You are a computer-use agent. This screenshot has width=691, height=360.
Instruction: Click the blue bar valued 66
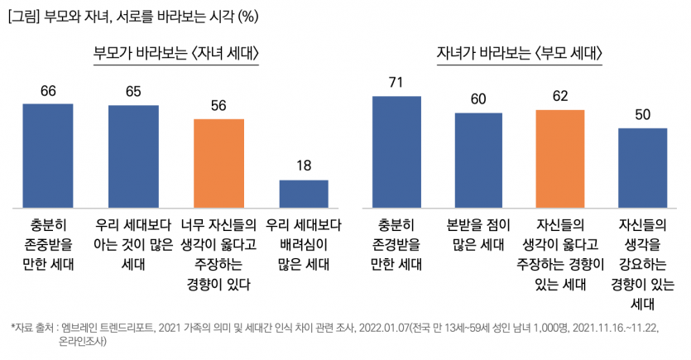point(48,155)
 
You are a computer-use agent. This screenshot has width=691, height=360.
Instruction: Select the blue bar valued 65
point(133,156)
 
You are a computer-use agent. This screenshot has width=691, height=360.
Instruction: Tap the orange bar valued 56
point(218,162)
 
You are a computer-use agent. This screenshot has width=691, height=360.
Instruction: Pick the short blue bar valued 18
point(304,193)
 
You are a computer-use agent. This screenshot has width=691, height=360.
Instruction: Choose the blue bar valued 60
point(478,159)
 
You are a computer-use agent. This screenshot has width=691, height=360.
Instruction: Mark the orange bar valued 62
point(560,157)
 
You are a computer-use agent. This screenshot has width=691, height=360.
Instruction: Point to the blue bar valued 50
point(643,167)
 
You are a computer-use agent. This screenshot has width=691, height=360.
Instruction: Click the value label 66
point(48,91)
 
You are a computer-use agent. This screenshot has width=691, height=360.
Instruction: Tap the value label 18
point(304,166)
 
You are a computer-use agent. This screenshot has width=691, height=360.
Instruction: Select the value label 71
point(396,83)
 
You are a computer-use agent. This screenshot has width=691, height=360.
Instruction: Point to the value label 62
point(560,96)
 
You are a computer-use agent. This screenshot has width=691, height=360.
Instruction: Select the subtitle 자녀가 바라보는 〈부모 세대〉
point(519,55)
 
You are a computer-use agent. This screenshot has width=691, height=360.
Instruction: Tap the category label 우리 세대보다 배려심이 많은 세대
point(304,244)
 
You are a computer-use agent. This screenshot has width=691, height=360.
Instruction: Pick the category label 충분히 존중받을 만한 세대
point(48,244)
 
